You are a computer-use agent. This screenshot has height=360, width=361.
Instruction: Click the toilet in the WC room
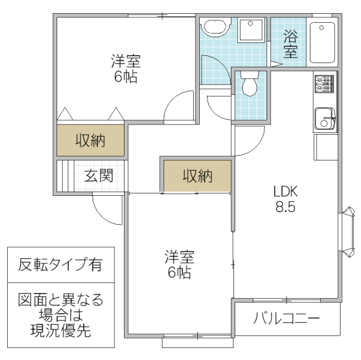[248, 84]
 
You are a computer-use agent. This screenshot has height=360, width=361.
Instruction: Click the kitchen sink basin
[326, 118]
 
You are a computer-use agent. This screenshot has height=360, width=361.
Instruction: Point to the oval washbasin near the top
[215, 28]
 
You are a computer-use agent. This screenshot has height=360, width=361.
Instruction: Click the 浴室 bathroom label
[290, 43]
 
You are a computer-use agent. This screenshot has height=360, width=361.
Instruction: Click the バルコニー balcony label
[286, 319]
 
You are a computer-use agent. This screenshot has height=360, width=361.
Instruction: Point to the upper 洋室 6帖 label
[126, 69]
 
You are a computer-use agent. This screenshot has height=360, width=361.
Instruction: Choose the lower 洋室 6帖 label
[179, 265]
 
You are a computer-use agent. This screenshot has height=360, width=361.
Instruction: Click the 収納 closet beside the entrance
[90, 141]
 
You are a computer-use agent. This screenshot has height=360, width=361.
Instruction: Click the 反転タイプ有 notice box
[60, 264]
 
